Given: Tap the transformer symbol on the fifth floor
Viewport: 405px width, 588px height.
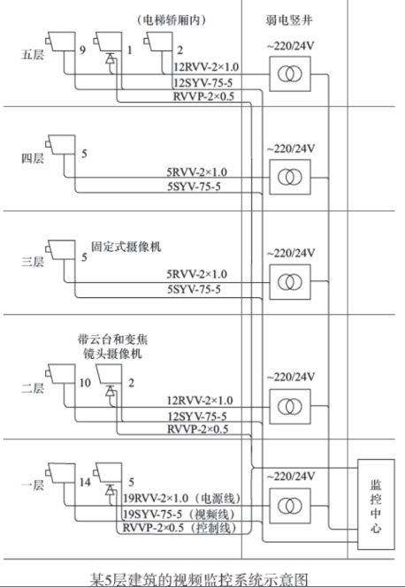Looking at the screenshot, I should pos(287,72).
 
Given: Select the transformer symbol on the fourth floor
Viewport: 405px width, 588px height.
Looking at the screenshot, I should pos(287,177).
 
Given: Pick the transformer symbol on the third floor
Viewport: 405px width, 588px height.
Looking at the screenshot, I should pos(287,282).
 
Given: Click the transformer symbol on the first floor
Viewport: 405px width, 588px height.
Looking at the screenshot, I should pos(287,508).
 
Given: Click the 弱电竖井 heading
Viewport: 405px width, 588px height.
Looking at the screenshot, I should pos(287,16).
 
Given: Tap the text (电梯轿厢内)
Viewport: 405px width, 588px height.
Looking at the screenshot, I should pos(172,18).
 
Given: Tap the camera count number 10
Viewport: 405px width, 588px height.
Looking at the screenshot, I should pos(85,382).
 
